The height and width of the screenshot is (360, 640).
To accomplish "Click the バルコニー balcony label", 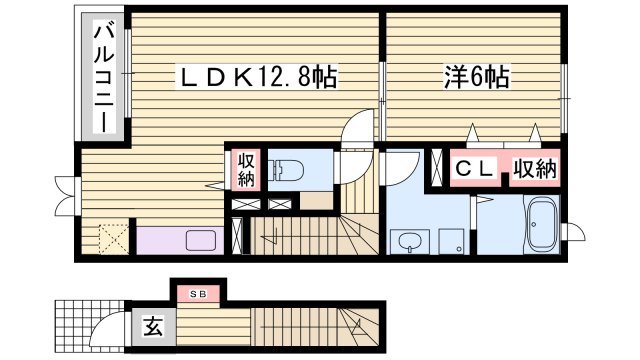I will (x=102, y=79).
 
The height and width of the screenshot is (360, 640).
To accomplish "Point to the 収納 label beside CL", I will (x=535, y=169).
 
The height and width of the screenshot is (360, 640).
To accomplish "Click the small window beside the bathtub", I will (x=567, y=232).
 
